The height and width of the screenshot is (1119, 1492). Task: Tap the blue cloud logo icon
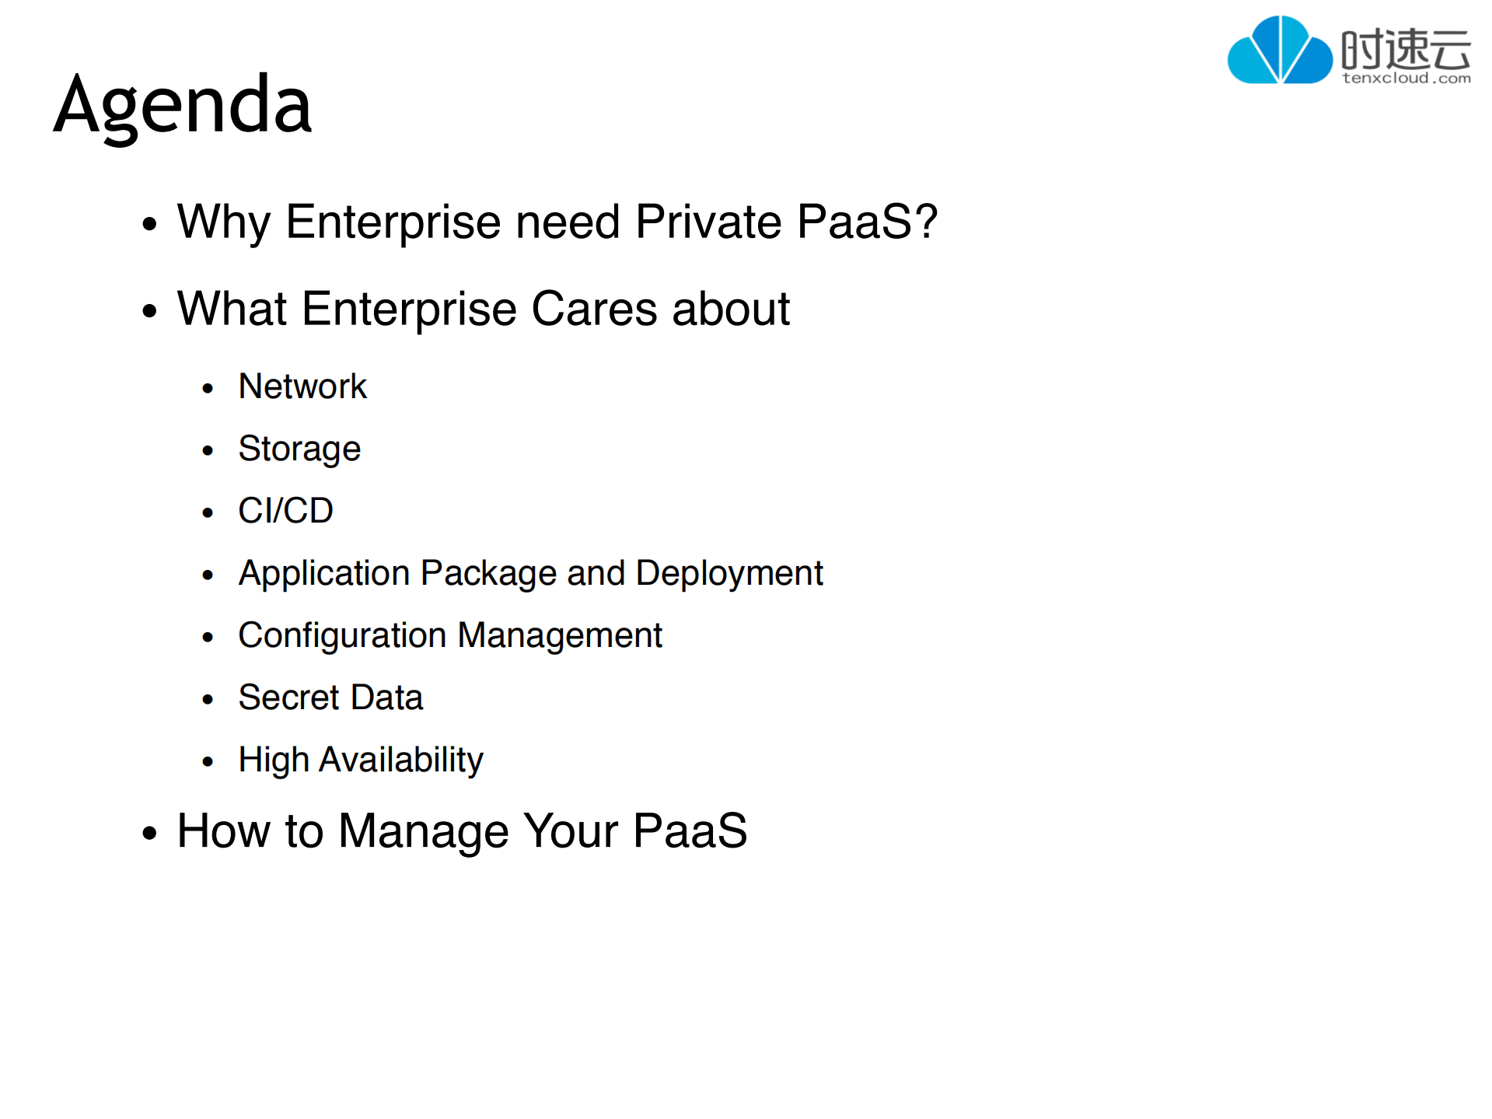pyautogui.click(x=1279, y=50)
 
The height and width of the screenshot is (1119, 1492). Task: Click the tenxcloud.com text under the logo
pyautogui.click(x=1406, y=78)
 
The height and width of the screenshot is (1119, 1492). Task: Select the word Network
pyautogui.click(x=302, y=386)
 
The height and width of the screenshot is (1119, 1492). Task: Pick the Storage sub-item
pyautogui.click(x=299, y=449)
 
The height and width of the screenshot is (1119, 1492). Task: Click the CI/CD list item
pyautogui.click(x=285, y=511)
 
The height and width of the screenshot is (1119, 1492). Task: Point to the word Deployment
pyautogui.click(x=729, y=574)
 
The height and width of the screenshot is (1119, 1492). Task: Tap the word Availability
pyautogui.click(x=401, y=761)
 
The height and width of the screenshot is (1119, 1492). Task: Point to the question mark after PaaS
pyautogui.click(x=926, y=221)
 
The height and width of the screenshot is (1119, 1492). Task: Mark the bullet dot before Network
pyautogui.click(x=208, y=388)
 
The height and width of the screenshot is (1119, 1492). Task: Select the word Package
pyautogui.click(x=489, y=574)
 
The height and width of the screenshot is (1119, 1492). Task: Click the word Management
pyautogui.click(x=560, y=636)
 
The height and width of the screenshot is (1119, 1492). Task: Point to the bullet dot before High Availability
pyautogui.click(x=208, y=761)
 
